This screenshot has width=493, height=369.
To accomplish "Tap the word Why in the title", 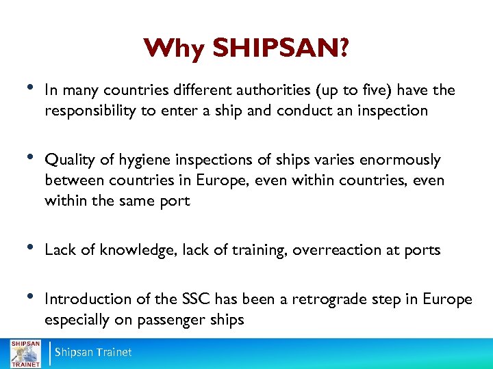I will tap(175, 49).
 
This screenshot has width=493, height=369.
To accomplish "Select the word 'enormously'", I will tap(396, 160).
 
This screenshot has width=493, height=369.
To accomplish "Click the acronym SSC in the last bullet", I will tap(197, 299).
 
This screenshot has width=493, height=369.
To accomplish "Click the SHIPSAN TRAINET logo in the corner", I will tap(25, 352).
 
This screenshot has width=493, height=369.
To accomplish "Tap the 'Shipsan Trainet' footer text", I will tap(92, 352).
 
